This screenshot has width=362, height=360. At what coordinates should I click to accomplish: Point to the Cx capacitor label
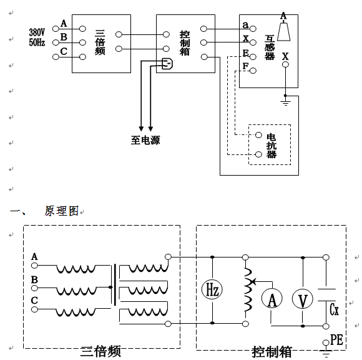point(334,309)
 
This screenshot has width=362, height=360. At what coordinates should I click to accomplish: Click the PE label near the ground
point(337,339)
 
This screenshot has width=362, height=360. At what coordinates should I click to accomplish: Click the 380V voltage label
point(37,32)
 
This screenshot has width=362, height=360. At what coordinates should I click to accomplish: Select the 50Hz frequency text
point(37,42)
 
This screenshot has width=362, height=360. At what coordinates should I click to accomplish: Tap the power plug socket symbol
point(167,64)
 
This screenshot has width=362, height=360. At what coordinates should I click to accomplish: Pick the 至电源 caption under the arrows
point(145,140)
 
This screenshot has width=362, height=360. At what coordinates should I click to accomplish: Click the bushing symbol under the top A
point(283,31)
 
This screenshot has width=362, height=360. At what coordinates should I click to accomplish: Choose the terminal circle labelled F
point(253,71)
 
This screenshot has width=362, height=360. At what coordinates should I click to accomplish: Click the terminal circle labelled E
point(253,57)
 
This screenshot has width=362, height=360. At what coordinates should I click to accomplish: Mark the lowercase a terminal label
point(245,24)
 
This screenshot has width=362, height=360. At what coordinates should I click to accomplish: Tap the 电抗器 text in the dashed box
point(271,146)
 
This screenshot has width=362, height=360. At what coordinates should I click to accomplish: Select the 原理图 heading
point(62,211)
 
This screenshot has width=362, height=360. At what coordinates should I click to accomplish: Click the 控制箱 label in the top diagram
point(185,43)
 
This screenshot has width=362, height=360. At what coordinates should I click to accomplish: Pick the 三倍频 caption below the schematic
point(100,352)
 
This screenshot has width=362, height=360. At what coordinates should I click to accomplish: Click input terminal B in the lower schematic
point(34,288)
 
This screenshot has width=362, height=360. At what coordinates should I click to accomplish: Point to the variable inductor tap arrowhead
point(253,281)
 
